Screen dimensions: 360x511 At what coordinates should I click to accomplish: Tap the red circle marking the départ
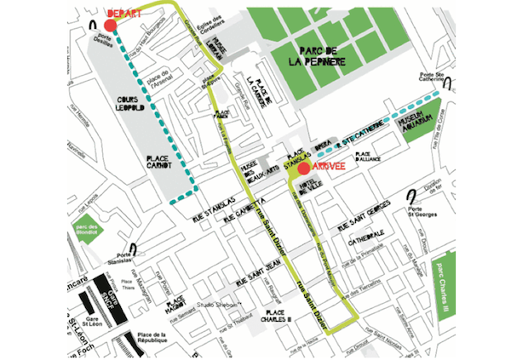click(110, 26)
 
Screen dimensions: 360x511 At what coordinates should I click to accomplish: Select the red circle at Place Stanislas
click(303, 168)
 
